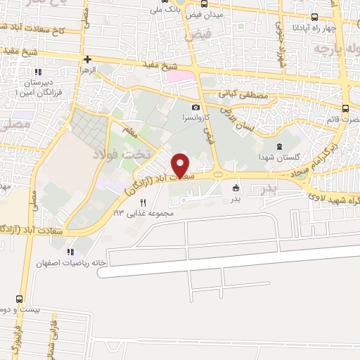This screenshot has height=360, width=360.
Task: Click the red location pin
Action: coord(181,165)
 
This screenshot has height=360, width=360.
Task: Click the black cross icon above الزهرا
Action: coord(86,60)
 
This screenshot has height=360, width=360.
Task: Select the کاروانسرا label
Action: coord(195,118)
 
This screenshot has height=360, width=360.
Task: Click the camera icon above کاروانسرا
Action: coord(195,108)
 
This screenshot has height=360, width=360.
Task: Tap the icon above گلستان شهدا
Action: coord(280,146)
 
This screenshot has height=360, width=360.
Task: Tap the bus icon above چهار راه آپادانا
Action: coord(313,18)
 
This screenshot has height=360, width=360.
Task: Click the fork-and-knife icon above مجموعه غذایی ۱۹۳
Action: coord(143,202)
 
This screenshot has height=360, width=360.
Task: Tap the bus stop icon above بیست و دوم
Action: coord(19,298)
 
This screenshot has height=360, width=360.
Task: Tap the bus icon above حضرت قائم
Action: coord(345,108)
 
